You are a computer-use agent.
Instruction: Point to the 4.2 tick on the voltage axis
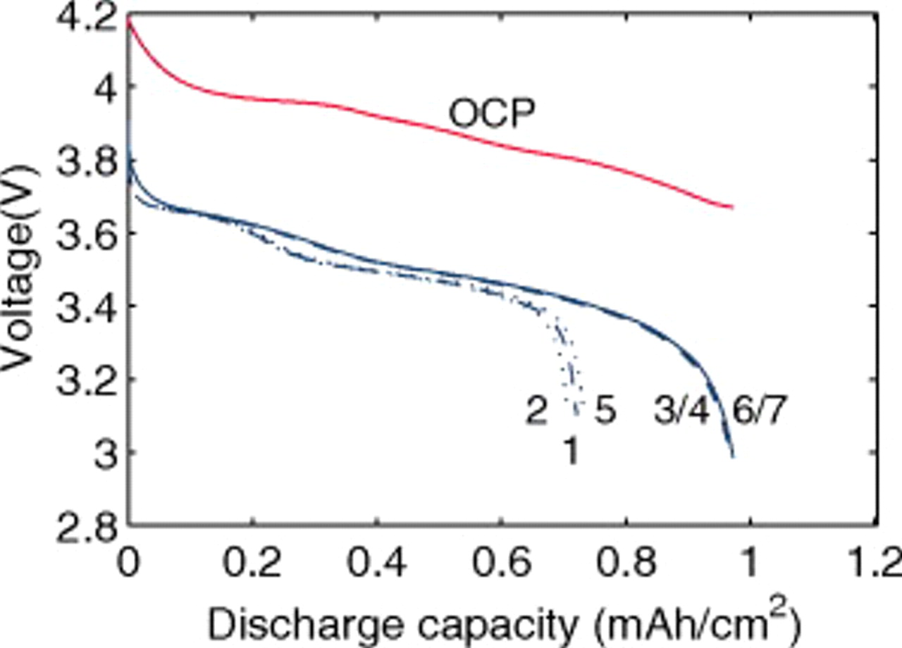pos(83,19)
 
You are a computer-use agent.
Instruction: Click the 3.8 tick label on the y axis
pos(83,161)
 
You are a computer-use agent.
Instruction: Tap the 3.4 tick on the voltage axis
pos(83,307)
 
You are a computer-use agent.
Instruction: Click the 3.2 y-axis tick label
pos(83,380)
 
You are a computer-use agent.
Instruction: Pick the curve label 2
pos(536,412)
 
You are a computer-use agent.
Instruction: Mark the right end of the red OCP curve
pos(732,207)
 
